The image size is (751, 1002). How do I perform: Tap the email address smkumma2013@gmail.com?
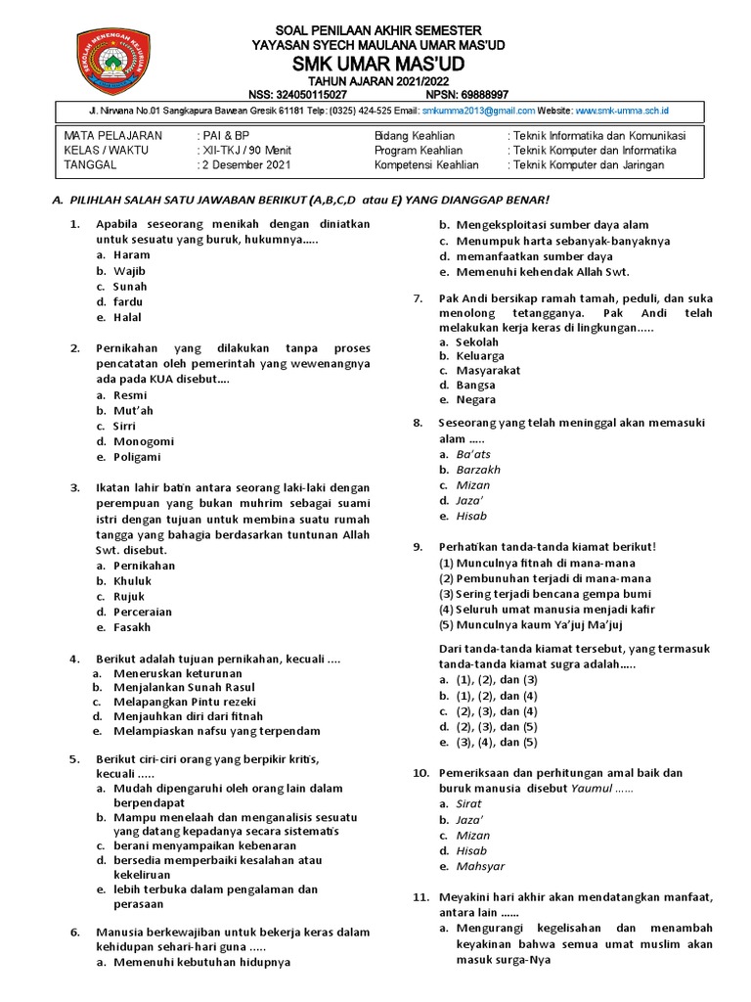(469, 111)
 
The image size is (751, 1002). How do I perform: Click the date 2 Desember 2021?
(245, 165)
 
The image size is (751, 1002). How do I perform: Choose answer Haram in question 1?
(132, 254)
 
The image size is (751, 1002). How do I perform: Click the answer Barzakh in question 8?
(478, 470)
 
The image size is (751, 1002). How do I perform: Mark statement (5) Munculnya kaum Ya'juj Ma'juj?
(536, 624)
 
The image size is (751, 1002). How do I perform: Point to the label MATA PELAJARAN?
(113, 135)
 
